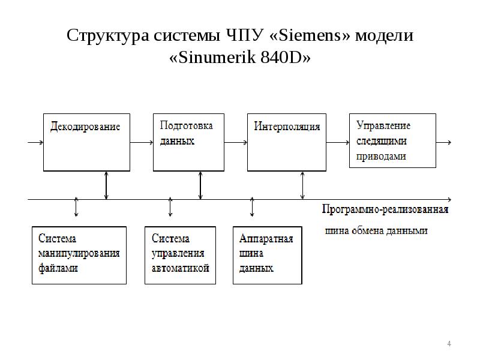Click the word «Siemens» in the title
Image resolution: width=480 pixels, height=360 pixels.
pos(311,35)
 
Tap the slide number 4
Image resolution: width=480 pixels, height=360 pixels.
pos(449,344)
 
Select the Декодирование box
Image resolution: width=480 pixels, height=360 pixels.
pos(85,142)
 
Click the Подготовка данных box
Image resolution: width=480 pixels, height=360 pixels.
pos(188,142)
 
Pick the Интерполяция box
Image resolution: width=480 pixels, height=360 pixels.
pos(287,142)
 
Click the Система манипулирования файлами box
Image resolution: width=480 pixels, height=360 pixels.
pos(79,254)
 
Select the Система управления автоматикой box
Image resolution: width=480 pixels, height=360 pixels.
pos(180,254)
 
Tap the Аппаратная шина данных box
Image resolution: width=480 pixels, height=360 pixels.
pos(266,254)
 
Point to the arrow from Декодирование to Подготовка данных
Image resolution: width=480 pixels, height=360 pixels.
pos(142,143)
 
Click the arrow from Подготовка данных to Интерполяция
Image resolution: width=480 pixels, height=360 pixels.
pos(235,143)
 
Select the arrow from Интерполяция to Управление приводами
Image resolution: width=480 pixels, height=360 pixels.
pos(338,143)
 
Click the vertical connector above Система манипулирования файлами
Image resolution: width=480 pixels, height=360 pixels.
pos(76,206)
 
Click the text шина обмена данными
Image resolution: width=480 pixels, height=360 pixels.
pos(376,230)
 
